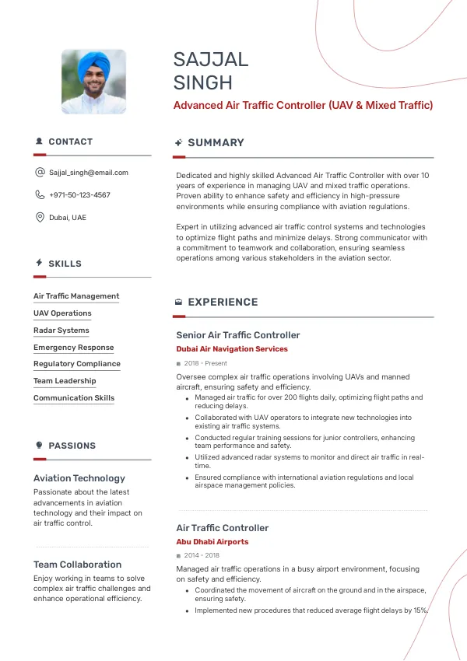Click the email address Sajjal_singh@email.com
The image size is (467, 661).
88,173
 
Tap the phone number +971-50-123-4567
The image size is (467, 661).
79,195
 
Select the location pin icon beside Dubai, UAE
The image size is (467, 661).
40,218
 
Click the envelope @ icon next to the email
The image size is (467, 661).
40,173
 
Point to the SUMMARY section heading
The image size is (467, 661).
216,143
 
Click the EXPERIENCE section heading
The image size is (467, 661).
223,303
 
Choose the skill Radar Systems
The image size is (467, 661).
61,330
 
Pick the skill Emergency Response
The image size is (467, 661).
73,348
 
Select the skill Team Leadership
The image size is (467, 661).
65,381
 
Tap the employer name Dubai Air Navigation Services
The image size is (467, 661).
232,349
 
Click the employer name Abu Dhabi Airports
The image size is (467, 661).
212,542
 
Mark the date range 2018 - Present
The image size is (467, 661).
205,363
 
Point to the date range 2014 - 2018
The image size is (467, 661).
202,556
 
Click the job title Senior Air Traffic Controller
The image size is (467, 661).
237,335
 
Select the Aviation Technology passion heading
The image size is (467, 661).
79,478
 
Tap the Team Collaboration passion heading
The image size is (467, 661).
77,565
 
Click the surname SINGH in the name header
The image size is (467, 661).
203,83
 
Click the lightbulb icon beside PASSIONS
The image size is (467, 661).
39,446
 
